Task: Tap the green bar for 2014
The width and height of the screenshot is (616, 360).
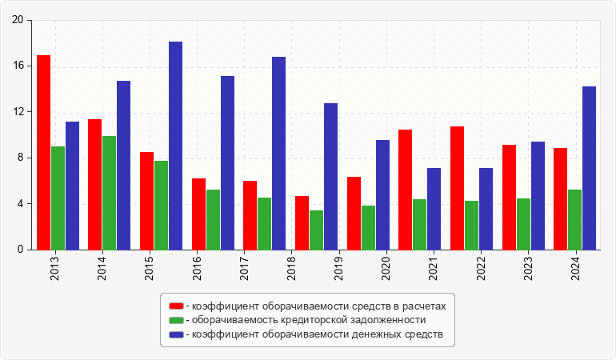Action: [109, 193]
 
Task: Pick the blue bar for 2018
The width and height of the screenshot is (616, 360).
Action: [278, 153]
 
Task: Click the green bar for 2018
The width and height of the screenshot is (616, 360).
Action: [316, 230]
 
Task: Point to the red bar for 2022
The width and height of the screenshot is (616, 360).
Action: [457, 188]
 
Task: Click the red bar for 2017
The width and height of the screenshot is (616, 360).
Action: [250, 215]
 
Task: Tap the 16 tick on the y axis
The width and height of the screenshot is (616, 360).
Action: [18, 66]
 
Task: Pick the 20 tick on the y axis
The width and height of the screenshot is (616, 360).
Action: [18, 21]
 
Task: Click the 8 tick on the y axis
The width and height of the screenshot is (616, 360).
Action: [20, 158]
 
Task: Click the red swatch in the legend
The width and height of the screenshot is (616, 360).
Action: [176, 306]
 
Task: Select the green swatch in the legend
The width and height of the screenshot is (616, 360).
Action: [176, 320]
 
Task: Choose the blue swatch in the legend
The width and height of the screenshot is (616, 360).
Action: [176, 334]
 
